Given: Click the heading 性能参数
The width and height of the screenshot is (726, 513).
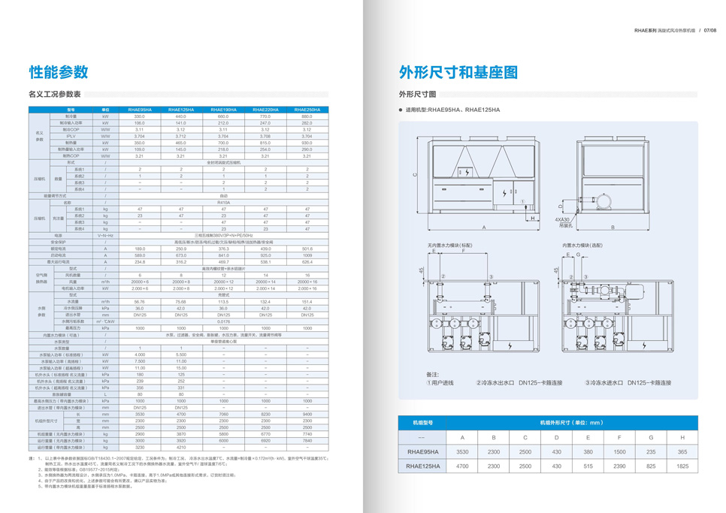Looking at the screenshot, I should coord(59,72).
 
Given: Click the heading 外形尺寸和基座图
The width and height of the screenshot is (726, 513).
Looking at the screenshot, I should coord(458,72).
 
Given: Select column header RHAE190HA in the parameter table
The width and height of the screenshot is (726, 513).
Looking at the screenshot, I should coord(223,110).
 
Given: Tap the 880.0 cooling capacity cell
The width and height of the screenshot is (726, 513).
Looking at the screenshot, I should coord(307,116).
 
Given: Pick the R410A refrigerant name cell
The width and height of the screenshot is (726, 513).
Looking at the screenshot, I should coord(223,202).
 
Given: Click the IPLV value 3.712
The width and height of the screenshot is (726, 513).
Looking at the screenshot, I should coord(181,136).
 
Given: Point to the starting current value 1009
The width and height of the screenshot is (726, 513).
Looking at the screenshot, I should coord(307,255).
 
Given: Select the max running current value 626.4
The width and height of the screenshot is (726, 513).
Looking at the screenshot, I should coord(307,261).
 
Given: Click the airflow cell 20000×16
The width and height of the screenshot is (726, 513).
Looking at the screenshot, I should coord(307,281).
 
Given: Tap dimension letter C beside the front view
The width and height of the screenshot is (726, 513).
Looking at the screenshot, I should coord(415,174).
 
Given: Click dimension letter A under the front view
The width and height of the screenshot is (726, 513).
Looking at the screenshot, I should coord(485,227).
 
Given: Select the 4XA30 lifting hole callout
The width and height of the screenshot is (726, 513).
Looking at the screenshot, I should coord(564,221).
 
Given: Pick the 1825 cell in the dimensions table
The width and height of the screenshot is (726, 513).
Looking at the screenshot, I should coord(682,466).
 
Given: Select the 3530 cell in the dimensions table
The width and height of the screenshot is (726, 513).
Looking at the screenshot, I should coord(462,451).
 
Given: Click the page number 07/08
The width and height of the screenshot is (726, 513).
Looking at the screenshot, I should coord(709,31).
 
